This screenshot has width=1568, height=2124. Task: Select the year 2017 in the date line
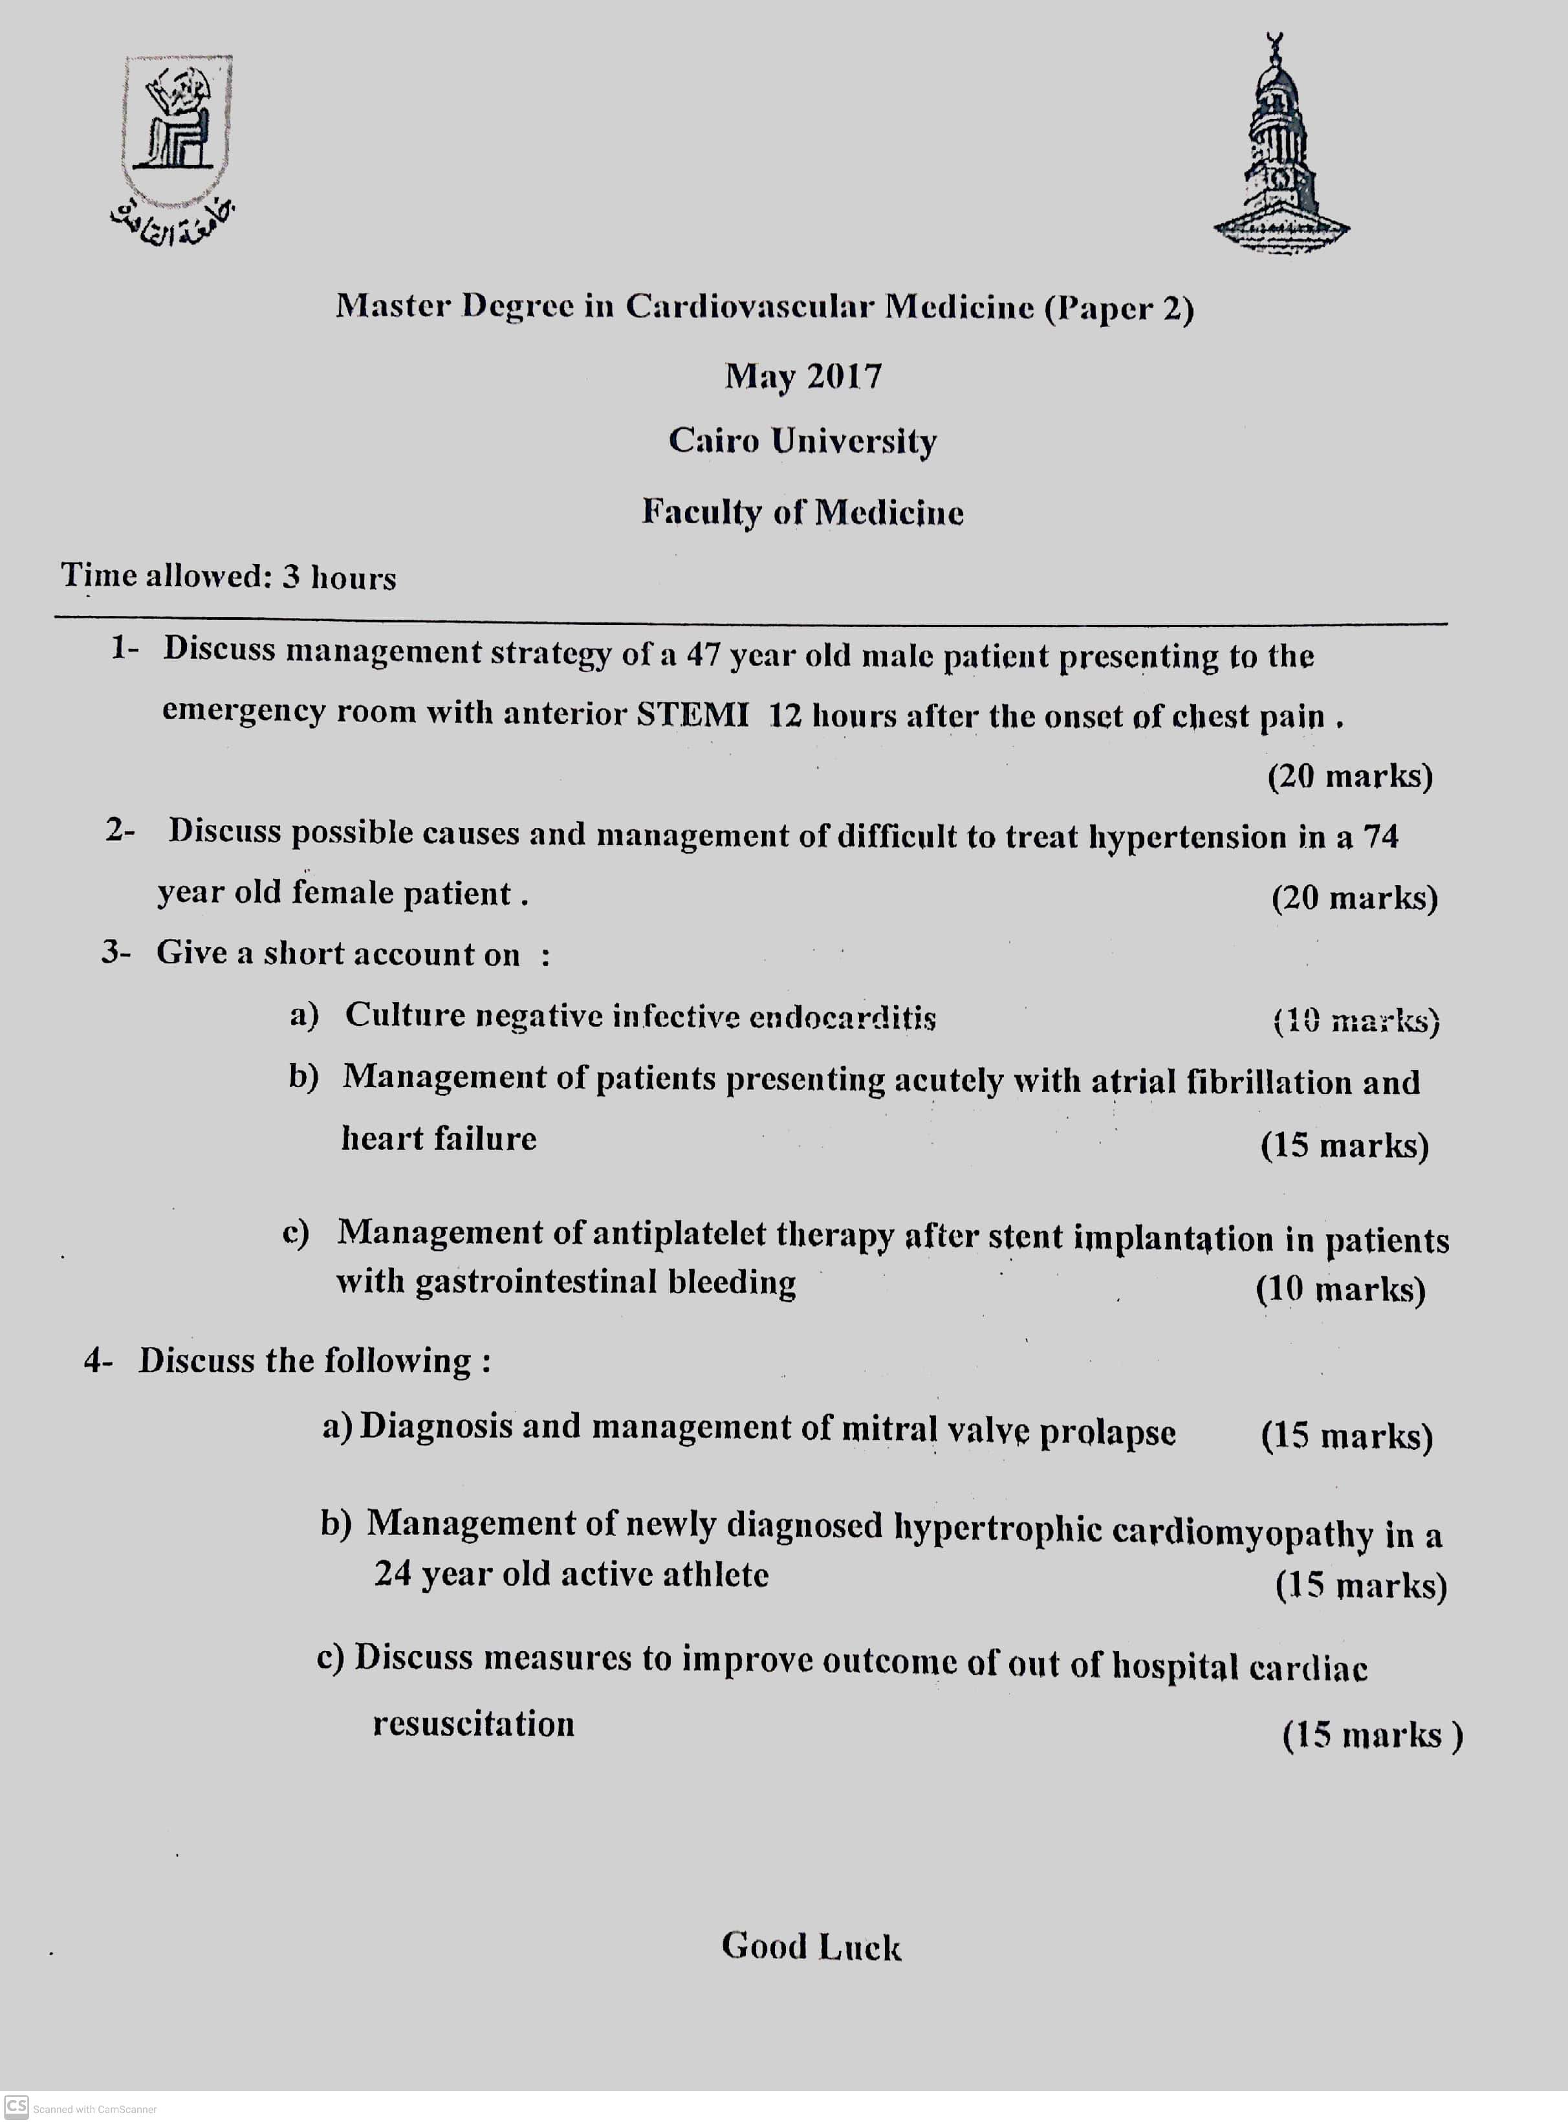pos(844,377)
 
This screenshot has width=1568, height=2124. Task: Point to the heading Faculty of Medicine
pos(802,512)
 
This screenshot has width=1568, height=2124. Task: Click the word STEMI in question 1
pos(692,713)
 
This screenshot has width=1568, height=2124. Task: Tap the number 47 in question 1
pos(703,655)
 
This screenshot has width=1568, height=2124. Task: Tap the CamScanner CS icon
pos(16,2105)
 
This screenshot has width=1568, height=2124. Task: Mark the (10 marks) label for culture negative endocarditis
pos(1355,1021)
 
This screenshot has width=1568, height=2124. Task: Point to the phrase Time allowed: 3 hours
pos(229,576)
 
